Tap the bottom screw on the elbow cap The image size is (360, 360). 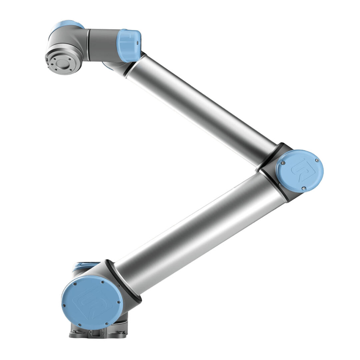303,188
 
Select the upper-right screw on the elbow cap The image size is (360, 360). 317,160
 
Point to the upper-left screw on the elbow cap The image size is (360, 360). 283,163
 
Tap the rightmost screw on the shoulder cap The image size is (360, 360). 118,302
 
